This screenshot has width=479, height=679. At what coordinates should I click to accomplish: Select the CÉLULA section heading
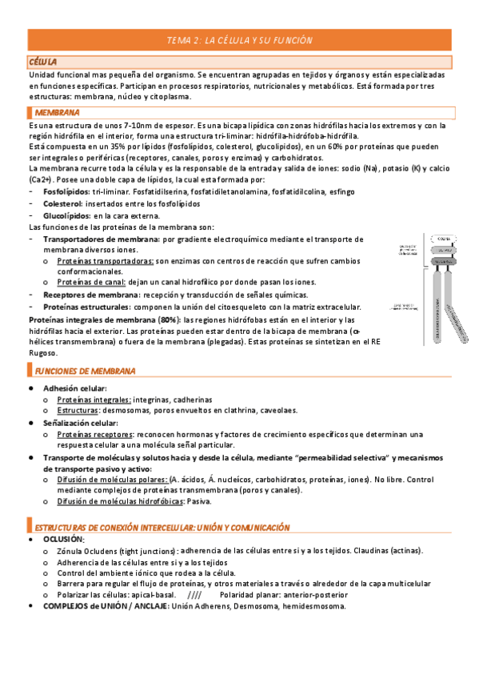(42, 62)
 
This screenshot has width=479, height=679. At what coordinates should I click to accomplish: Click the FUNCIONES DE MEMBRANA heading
(84, 372)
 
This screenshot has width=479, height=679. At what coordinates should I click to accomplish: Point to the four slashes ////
(194, 596)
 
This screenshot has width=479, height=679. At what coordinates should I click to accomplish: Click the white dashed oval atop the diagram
(441, 239)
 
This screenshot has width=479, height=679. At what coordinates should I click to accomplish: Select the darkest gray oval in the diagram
(441, 262)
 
